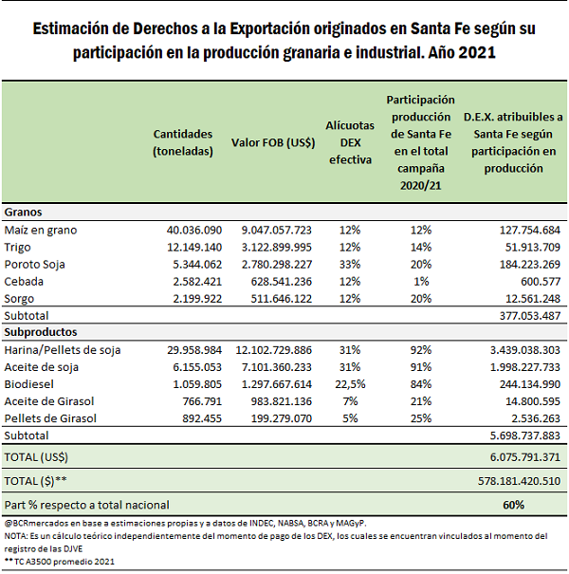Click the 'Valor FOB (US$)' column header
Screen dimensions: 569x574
[273, 142]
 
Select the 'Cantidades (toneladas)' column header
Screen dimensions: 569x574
[183, 142]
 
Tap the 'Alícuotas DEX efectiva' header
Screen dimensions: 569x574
[350, 142]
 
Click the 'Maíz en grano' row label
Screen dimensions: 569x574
[41, 231]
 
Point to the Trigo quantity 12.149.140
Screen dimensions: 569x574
[194, 247]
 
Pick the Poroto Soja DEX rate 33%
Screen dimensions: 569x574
[350, 265]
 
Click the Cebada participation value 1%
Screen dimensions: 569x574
[421, 282]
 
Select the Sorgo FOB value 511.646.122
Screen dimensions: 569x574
[281, 299]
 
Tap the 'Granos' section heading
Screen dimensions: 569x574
[23, 212]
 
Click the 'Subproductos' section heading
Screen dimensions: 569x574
[41, 332]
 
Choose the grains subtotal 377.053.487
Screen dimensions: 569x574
[530, 316]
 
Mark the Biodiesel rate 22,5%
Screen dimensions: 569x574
[350, 384]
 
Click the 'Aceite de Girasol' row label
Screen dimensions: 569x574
[49, 401]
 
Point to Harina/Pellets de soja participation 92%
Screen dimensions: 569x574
[421, 350]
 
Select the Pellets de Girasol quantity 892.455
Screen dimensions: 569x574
[202, 418]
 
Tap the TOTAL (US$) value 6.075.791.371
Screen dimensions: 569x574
[525, 457]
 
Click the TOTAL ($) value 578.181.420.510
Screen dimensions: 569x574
[519, 481]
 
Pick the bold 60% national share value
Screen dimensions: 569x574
[513, 505]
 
